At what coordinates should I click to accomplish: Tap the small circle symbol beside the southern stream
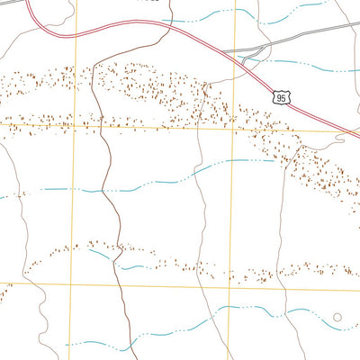pos(337,317)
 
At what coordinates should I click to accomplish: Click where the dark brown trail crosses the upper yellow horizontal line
pos(108,127)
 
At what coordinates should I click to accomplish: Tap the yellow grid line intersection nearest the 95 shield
pos(233,129)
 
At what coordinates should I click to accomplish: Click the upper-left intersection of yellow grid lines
pos(75,127)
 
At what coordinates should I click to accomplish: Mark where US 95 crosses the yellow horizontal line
pos(341,130)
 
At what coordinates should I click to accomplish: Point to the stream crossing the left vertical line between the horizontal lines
pos(74,190)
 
